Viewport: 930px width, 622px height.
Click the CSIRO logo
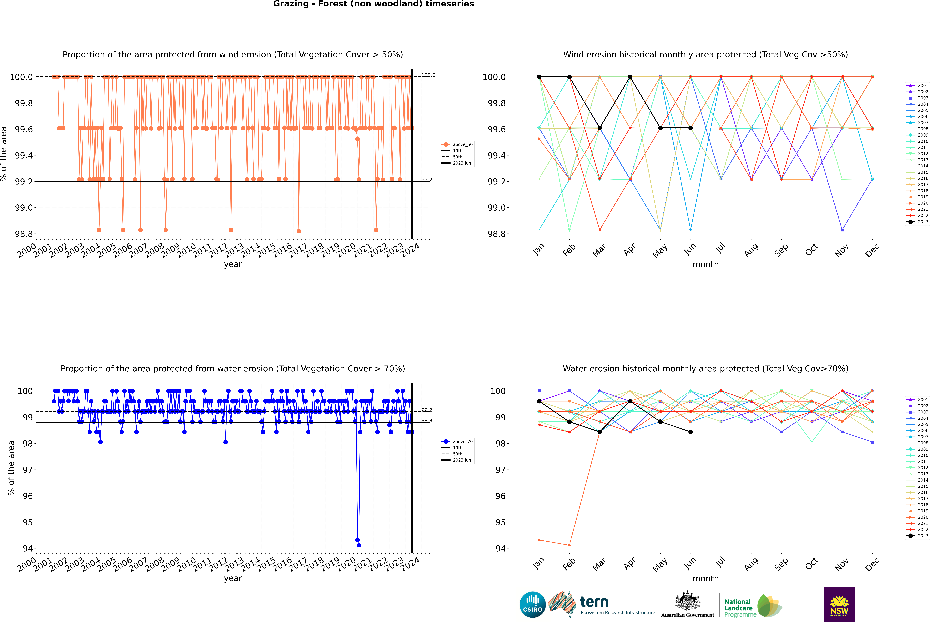(532, 605)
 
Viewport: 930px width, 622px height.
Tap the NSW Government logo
(839, 605)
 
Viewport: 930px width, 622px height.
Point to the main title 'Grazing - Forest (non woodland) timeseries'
(373, 4)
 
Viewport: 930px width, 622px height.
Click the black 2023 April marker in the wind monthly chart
(630, 77)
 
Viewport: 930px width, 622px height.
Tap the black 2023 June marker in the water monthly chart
(691, 432)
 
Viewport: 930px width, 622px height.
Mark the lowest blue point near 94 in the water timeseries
(359, 545)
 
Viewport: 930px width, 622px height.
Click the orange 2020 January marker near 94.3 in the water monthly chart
(539, 540)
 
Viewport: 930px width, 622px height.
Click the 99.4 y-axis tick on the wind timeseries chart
(24, 156)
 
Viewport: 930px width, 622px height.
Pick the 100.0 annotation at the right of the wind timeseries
(428, 75)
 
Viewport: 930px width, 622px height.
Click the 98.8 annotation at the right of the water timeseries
(427, 420)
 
